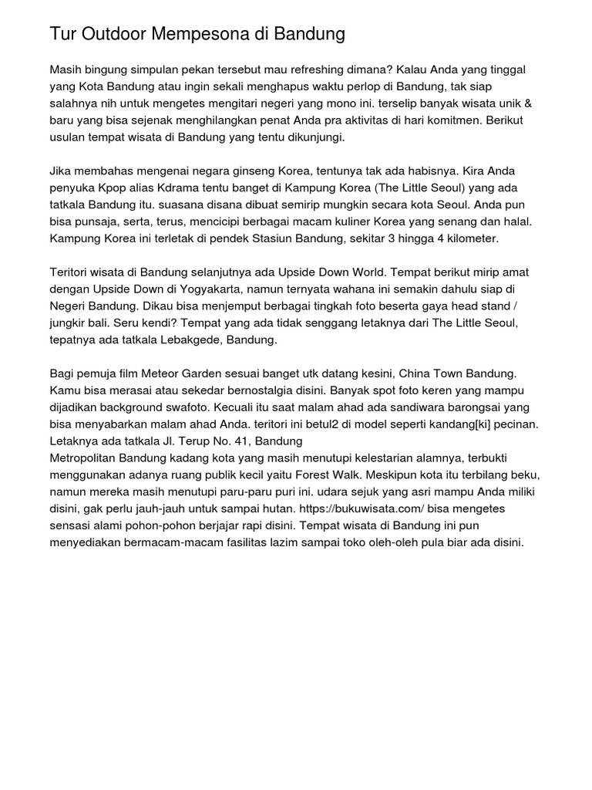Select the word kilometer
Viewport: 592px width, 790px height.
click(x=469, y=239)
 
